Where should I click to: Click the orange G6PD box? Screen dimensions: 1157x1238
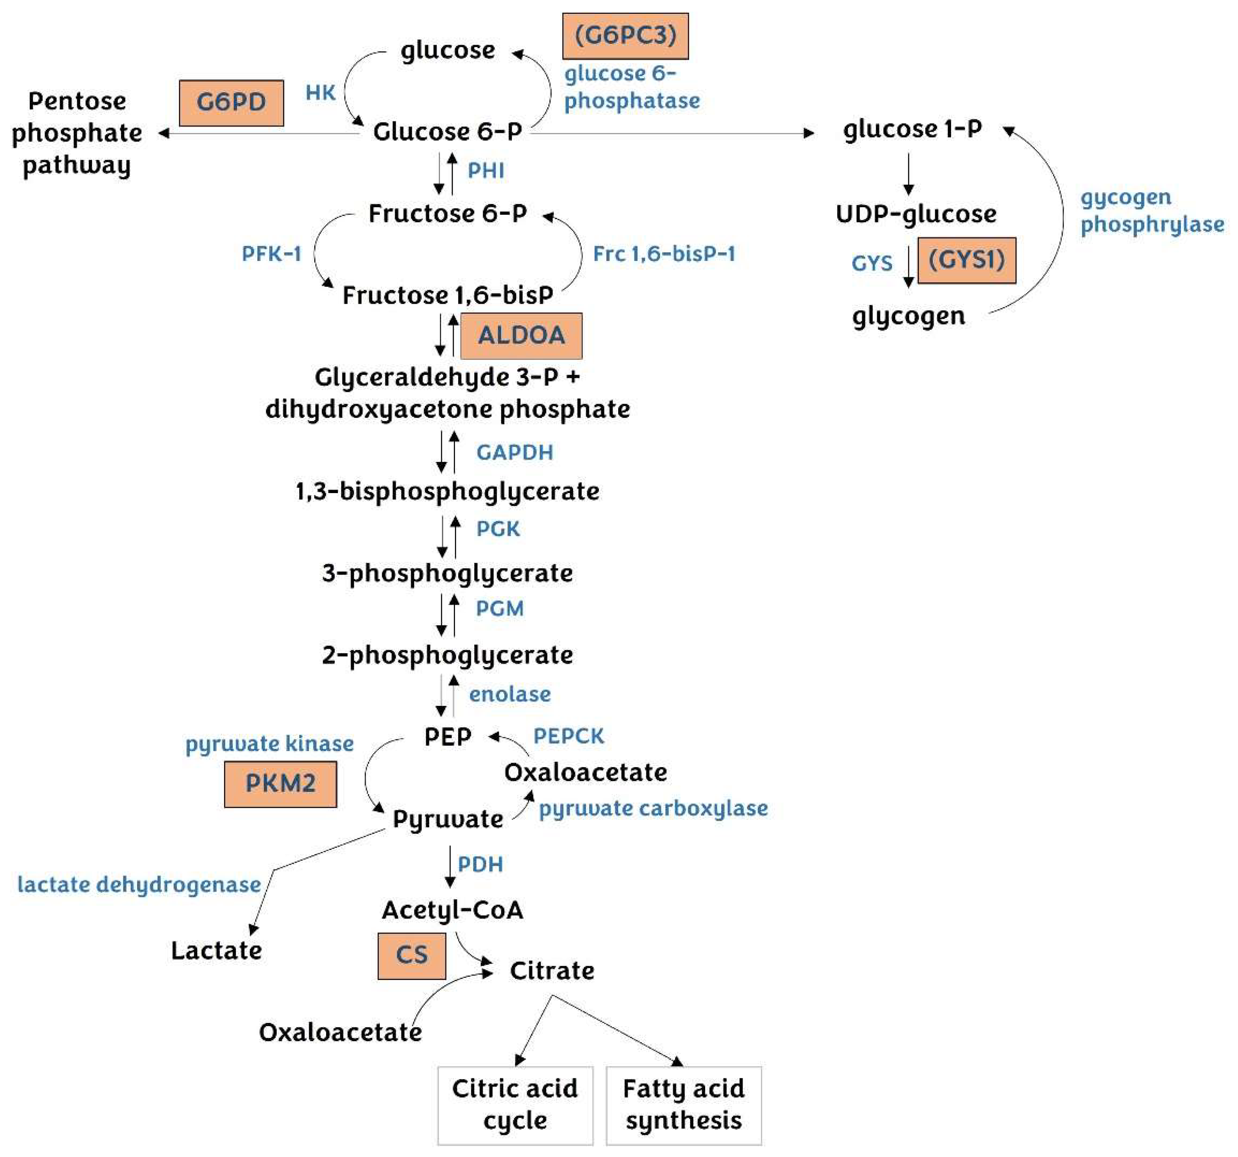point(231,103)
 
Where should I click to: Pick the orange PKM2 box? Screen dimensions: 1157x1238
point(280,784)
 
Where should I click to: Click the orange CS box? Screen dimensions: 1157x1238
point(411,955)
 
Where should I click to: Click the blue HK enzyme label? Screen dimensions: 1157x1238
point(320,93)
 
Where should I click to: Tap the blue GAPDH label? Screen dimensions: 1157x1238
point(514,452)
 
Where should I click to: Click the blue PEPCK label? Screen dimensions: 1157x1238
point(568,736)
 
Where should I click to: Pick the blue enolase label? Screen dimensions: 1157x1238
point(510,694)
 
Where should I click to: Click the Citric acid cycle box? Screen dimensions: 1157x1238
point(515,1105)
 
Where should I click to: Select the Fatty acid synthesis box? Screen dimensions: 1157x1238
point(683,1105)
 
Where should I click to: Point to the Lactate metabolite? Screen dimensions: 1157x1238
point(216,951)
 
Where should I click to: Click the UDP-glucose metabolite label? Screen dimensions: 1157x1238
point(915,214)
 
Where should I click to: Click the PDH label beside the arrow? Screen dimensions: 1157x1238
point(480,864)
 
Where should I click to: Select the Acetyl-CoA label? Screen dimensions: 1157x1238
point(452,909)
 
